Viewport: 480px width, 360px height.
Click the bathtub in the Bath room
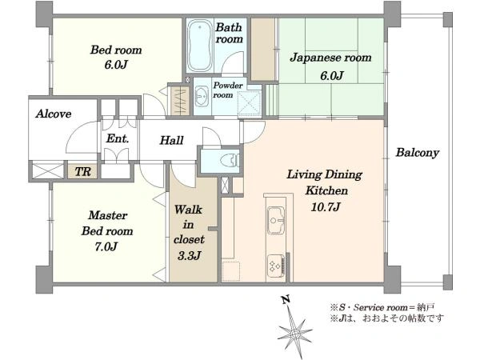[x=200, y=46]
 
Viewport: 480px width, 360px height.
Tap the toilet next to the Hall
[x=230, y=160]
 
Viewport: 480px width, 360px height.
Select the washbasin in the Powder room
[x=202, y=96]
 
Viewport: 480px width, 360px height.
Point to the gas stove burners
[x=274, y=265]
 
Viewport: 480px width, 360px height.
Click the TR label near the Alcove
[x=82, y=172]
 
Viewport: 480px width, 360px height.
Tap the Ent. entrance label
[x=118, y=138]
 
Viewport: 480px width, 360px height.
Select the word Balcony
[x=418, y=153]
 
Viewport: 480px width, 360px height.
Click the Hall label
[x=171, y=140]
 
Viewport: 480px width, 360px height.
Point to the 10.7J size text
[x=326, y=207]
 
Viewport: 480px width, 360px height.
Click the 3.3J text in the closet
[x=189, y=256]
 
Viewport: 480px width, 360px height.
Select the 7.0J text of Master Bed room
[x=106, y=246]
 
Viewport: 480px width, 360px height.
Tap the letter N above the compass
[x=286, y=299]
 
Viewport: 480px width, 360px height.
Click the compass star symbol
[x=294, y=331]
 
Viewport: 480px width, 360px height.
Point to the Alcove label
[x=54, y=114]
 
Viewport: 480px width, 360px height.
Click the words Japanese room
[x=330, y=58]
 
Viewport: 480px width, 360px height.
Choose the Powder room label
[x=228, y=90]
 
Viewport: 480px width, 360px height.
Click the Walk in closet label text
[x=189, y=225]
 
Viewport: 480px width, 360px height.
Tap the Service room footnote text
[x=382, y=307]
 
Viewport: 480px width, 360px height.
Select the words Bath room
[x=229, y=33]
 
